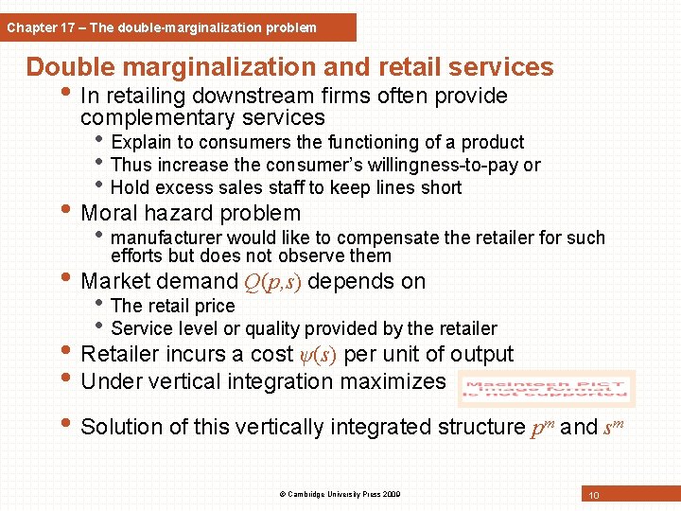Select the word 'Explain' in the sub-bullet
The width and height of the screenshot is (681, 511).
tap(141, 143)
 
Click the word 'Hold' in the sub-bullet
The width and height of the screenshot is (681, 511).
tap(130, 187)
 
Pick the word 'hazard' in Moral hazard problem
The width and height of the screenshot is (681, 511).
tap(188, 214)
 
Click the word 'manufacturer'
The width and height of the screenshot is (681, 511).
tap(162, 238)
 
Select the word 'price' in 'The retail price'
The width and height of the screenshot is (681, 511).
tap(213, 306)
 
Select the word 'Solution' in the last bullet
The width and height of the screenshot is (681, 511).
tap(121, 427)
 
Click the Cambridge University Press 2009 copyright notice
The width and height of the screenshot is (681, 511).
tap(340, 494)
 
